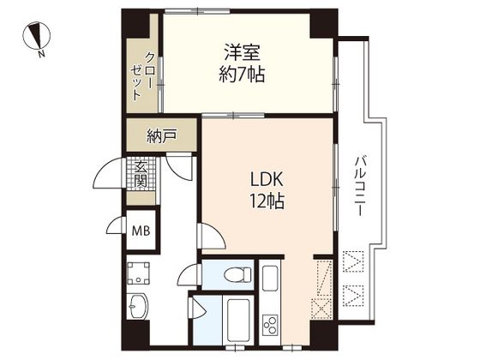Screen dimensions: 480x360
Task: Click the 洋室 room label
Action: (x=242, y=52)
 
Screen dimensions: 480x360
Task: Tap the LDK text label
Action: (x=267, y=179)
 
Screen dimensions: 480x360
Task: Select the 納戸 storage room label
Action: (x=162, y=136)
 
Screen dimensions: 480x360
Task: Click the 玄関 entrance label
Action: (x=141, y=174)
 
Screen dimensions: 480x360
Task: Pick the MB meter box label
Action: (x=141, y=231)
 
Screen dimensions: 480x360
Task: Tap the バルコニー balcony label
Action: (x=359, y=186)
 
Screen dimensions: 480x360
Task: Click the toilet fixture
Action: (x=237, y=274)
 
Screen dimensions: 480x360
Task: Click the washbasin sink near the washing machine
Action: (x=138, y=307)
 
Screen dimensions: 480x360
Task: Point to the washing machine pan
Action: (x=138, y=273)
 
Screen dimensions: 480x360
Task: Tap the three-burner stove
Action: (x=270, y=325)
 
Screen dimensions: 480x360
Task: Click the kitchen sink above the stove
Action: (x=270, y=279)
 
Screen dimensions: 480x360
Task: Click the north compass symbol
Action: (x=37, y=35)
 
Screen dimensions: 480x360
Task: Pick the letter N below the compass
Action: (x=42, y=54)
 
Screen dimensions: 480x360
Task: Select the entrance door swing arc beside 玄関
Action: (x=107, y=172)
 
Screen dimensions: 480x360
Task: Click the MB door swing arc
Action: (x=115, y=225)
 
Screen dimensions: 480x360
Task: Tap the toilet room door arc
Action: (x=188, y=273)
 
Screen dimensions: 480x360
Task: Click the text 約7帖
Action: (x=242, y=75)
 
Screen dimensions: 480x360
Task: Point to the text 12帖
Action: (x=267, y=201)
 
